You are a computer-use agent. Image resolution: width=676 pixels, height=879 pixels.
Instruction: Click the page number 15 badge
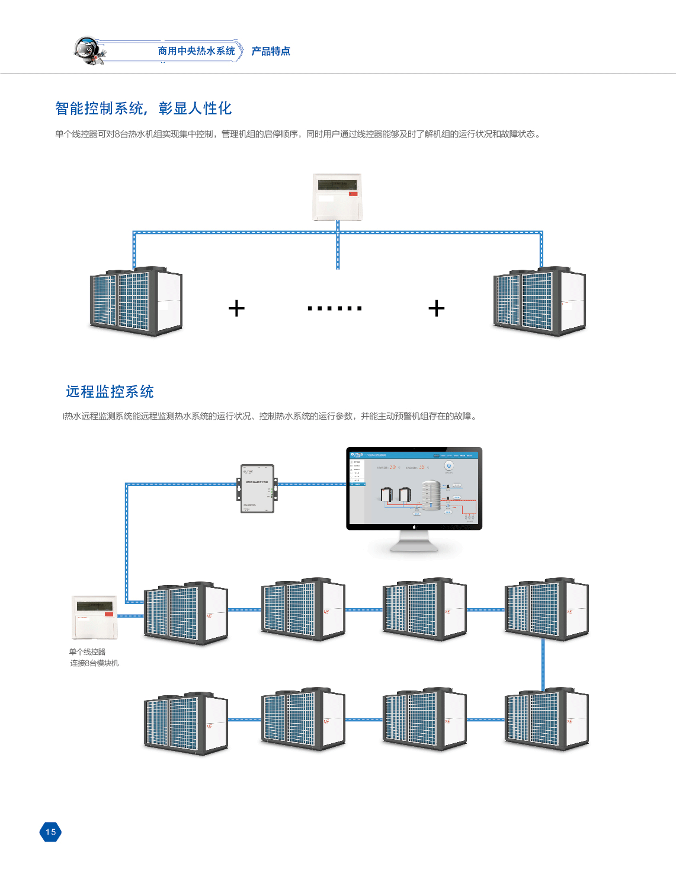(x=50, y=832)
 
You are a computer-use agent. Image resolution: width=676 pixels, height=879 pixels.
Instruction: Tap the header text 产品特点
(x=271, y=52)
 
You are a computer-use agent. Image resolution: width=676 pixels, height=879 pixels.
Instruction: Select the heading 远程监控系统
(x=110, y=392)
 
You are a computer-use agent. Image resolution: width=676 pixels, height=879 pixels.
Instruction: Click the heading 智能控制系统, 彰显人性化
(x=143, y=108)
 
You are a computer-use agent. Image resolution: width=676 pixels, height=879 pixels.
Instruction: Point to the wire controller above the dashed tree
(x=337, y=197)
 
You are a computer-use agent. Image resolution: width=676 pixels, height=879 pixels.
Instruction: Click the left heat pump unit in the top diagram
(x=136, y=301)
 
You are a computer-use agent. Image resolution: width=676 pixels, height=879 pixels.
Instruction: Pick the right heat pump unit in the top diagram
(x=539, y=301)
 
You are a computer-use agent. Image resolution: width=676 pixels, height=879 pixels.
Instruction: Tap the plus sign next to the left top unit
(x=236, y=308)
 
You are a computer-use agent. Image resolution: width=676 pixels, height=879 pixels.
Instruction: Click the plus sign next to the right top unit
(x=436, y=308)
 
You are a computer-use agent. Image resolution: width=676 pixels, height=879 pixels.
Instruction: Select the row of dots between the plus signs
(x=335, y=308)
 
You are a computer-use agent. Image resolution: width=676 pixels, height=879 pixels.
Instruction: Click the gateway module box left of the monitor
(x=257, y=488)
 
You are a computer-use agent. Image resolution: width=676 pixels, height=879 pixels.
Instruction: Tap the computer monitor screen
(x=414, y=487)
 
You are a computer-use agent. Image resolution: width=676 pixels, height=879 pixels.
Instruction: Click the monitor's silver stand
(x=414, y=542)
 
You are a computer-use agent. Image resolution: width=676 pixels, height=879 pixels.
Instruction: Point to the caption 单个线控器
(x=87, y=652)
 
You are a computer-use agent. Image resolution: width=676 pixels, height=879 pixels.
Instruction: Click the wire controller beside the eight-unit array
(x=94, y=616)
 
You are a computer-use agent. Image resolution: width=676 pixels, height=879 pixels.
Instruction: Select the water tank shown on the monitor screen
(x=431, y=495)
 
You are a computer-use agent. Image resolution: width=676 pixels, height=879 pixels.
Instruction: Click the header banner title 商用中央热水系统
(x=196, y=52)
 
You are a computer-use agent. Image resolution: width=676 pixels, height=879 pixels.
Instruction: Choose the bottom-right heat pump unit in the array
(x=546, y=719)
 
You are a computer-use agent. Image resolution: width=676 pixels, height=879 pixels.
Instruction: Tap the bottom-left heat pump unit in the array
(x=186, y=723)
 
